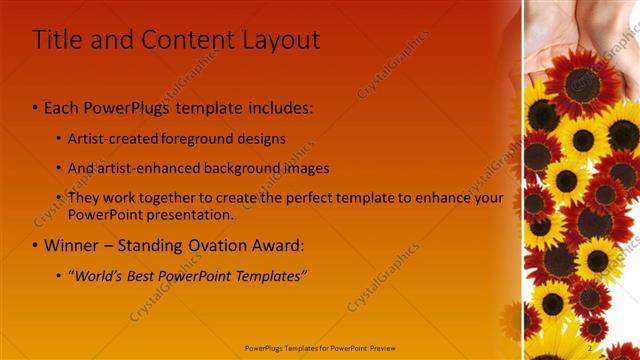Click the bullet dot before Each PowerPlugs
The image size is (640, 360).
pyautogui.click(x=36, y=106)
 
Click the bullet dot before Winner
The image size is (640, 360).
pyautogui.click(x=36, y=245)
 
